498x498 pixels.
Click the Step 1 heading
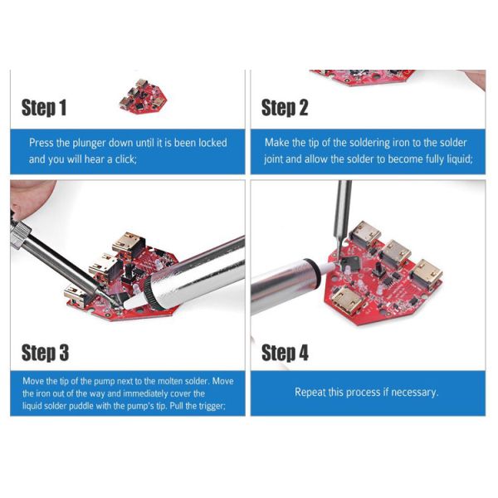click(44, 107)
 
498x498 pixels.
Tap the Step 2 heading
click(285, 107)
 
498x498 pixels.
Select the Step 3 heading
click(45, 353)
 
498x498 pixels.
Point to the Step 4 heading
click(285, 353)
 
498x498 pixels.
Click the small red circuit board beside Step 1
click(144, 96)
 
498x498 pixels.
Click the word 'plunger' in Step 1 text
click(90, 144)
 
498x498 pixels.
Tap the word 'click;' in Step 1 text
click(126, 159)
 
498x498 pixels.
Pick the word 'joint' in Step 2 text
click(273, 159)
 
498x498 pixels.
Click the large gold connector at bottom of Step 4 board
click(348, 300)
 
